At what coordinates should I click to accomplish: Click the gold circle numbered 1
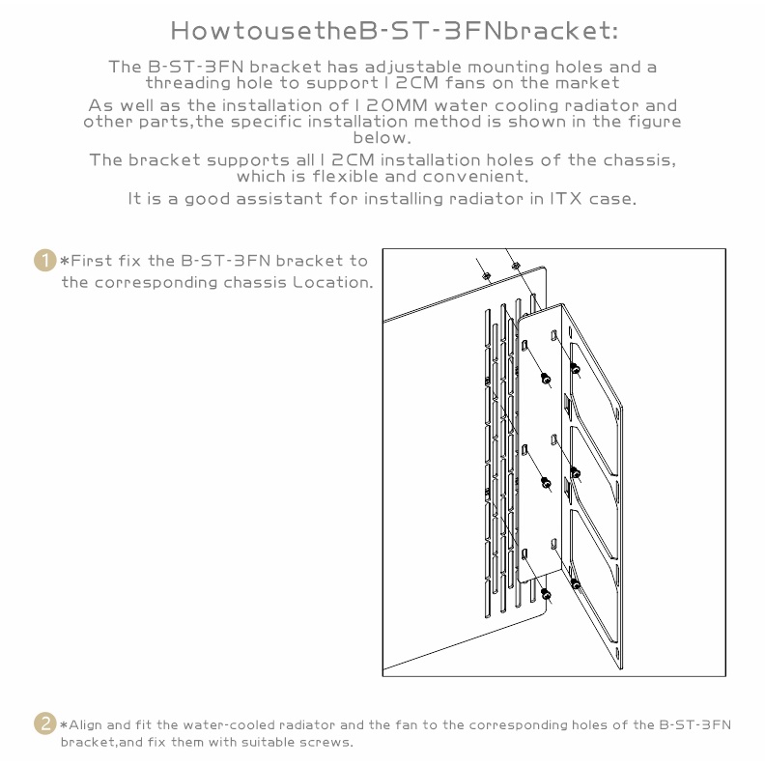45,261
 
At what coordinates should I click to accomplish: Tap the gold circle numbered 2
45,723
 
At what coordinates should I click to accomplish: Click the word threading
191,83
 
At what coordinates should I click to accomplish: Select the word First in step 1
91,261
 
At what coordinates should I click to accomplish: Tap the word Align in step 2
84,723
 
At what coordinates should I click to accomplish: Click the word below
382,138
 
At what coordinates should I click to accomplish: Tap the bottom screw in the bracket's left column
547,593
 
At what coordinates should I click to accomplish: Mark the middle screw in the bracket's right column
576,472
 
